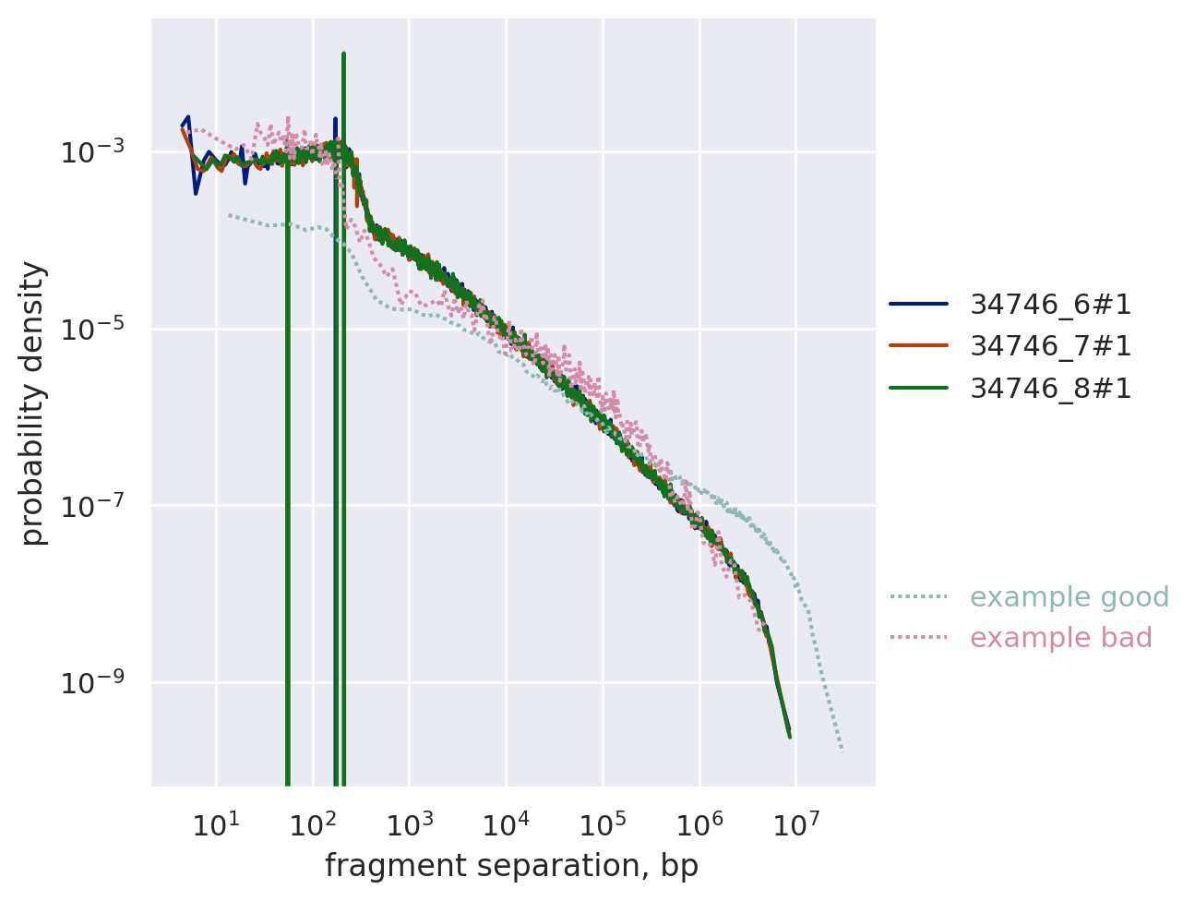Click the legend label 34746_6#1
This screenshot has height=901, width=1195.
coord(1050,304)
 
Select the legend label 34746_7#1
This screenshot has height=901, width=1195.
coord(1050,346)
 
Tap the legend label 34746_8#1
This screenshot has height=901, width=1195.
coord(1050,389)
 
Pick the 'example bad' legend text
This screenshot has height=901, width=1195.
coord(1061,638)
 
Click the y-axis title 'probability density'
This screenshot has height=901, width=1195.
coord(33,402)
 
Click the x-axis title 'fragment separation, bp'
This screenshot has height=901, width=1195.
coord(511,866)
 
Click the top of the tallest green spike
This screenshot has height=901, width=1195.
coord(343,54)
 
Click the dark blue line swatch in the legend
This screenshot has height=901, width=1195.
coord(918,304)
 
